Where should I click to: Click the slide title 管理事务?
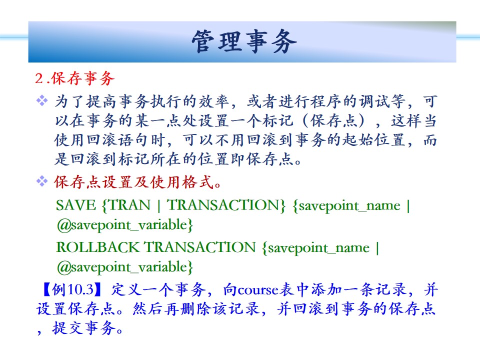[x=244, y=41]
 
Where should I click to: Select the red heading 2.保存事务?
[x=74, y=78]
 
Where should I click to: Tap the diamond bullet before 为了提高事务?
[x=42, y=100]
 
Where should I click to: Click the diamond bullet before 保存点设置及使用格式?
[x=42, y=181]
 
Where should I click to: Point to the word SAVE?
[x=76, y=205]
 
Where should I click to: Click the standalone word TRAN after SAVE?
[x=129, y=205]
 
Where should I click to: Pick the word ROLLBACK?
[x=97, y=247]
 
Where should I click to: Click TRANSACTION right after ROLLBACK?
[x=200, y=247]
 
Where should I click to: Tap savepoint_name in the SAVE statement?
[x=349, y=206]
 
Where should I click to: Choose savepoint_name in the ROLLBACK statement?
[x=318, y=248]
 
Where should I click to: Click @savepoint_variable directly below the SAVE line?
[x=122, y=225]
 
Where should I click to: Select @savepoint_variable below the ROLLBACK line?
[x=122, y=267]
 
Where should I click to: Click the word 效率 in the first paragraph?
[x=214, y=101]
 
